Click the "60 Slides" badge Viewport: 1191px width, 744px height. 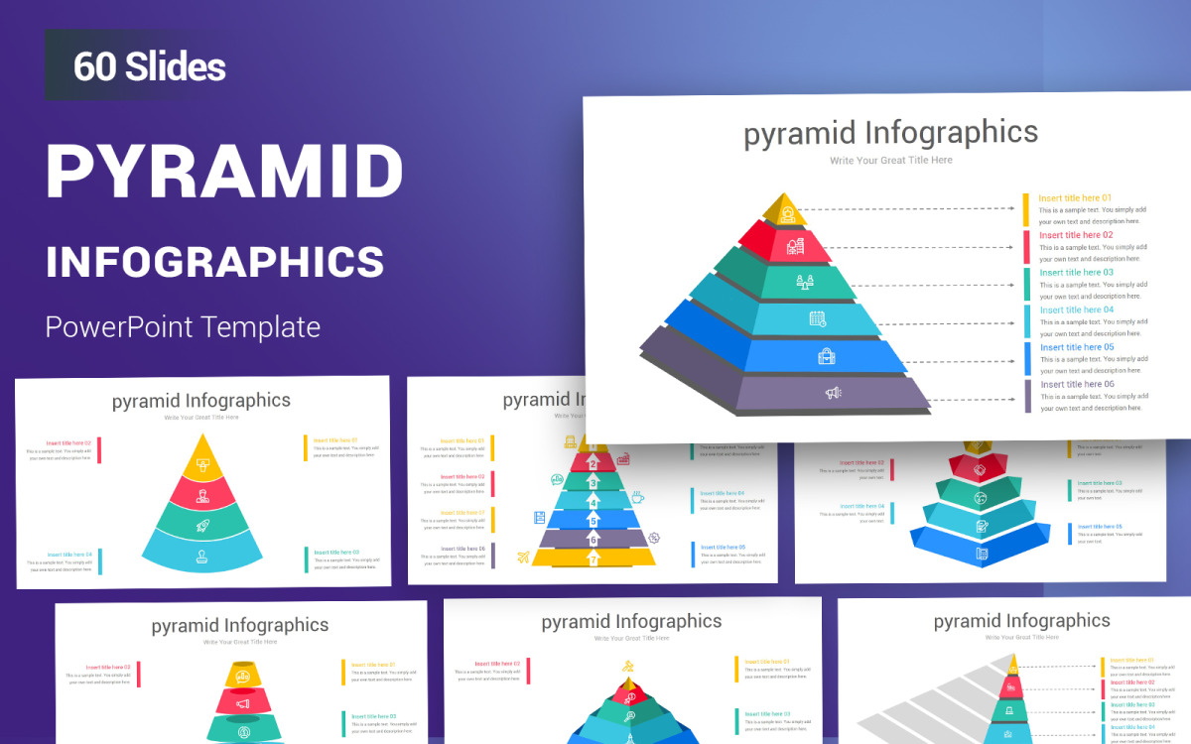pos(150,66)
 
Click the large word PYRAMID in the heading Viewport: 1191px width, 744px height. pos(224,173)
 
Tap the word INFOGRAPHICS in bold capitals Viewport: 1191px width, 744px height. pos(214,261)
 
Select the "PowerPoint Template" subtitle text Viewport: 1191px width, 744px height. pos(184,326)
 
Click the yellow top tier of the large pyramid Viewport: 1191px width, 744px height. pos(786,210)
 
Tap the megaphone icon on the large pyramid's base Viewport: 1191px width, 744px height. pos(833,393)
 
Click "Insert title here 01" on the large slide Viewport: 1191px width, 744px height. pos(1075,198)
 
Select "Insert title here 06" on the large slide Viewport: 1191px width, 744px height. pos(1077,384)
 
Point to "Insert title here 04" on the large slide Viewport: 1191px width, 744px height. pos(1077,310)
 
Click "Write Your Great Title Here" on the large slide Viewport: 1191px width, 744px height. pos(890,160)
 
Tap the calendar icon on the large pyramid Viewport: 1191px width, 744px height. pos(817,318)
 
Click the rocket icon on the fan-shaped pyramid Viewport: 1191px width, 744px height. pos(202,526)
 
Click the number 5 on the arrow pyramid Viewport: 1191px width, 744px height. pos(594,520)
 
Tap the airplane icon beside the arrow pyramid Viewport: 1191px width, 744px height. pos(523,558)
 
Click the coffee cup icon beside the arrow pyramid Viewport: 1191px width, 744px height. pos(637,497)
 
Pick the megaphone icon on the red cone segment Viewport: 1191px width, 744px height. pos(241,704)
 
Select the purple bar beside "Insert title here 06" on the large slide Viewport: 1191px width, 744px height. pos(1026,396)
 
